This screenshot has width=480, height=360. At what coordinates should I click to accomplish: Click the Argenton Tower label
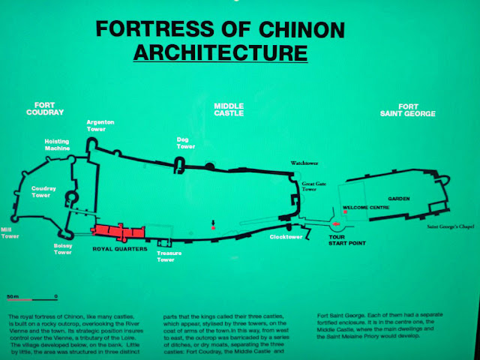[x=100, y=124]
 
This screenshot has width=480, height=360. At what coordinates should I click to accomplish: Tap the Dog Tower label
[x=185, y=142]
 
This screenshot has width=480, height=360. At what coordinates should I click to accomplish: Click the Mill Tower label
[x=10, y=232]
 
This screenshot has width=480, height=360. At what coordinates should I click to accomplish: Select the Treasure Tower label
[x=169, y=256]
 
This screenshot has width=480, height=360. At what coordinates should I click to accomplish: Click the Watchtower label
[x=308, y=162]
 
